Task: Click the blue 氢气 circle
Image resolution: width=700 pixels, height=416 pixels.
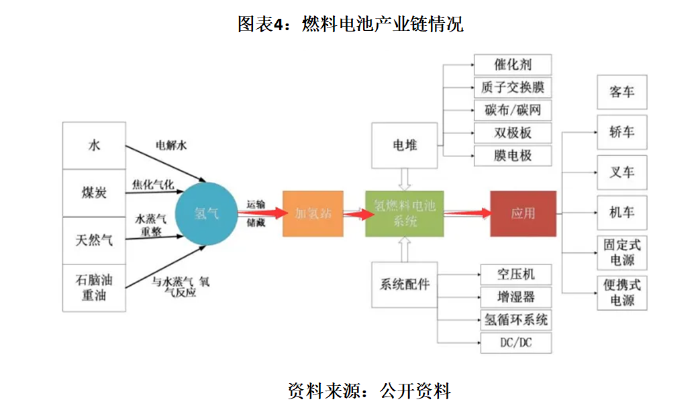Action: [206, 213]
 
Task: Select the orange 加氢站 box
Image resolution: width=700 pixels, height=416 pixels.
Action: [313, 213]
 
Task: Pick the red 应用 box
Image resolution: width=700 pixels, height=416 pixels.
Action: [523, 213]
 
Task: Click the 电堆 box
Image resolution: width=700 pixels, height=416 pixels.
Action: [405, 145]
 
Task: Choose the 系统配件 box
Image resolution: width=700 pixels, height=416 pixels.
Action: [405, 284]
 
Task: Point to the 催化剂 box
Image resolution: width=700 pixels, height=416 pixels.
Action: [513, 64]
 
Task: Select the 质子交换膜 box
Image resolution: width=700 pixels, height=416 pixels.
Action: [513, 87]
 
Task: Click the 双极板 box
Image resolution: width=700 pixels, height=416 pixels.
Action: [513, 132]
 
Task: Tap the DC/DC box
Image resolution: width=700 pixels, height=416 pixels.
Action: [515, 343]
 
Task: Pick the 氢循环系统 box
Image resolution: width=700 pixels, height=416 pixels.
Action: [515, 319]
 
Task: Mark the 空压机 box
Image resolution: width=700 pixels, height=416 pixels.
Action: [515, 274]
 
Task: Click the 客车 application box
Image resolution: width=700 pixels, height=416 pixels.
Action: [621, 92]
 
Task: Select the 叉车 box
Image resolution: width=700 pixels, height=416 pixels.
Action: [621, 172]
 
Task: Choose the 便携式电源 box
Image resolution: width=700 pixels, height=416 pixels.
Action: [621, 293]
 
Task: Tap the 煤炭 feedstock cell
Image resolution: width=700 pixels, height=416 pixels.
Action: [94, 193]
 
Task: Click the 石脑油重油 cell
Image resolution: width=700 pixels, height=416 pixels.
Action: [94, 287]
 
